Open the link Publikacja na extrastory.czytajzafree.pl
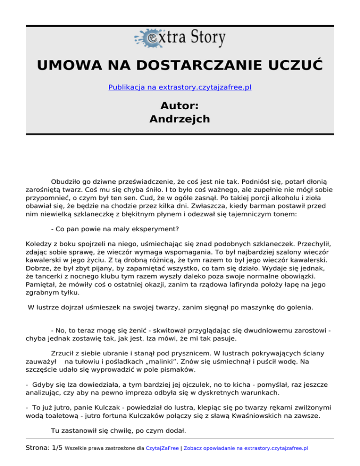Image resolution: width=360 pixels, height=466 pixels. click(x=180, y=87)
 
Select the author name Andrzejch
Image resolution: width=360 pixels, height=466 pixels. click(x=180, y=119)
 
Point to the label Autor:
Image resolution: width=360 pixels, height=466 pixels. click(x=180, y=105)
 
